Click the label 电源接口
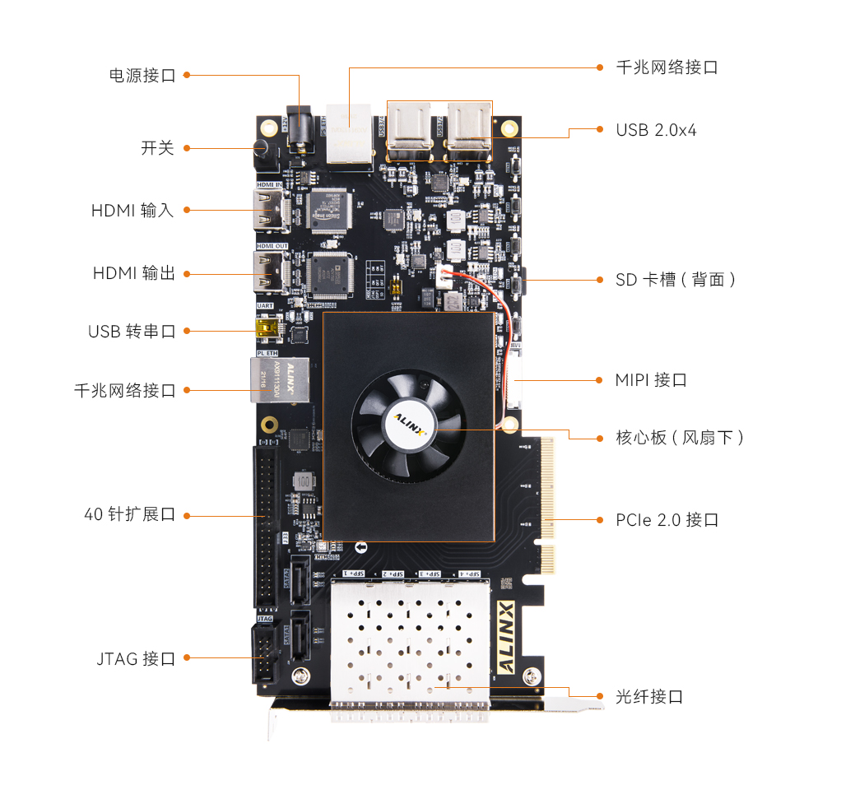click(142, 76)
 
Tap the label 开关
click(157, 148)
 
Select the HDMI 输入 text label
click(132, 210)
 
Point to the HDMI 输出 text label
click(133, 273)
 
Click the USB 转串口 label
click(132, 331)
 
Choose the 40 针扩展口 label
click(129, 515)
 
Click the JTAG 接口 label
click(136, 658)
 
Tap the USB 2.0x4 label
click(656, 130)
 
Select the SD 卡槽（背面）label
click(676, 280)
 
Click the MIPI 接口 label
click(650, 380)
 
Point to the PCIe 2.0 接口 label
click(667, 520)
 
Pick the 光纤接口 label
click(649, 697)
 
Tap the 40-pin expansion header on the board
click(265, 527)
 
